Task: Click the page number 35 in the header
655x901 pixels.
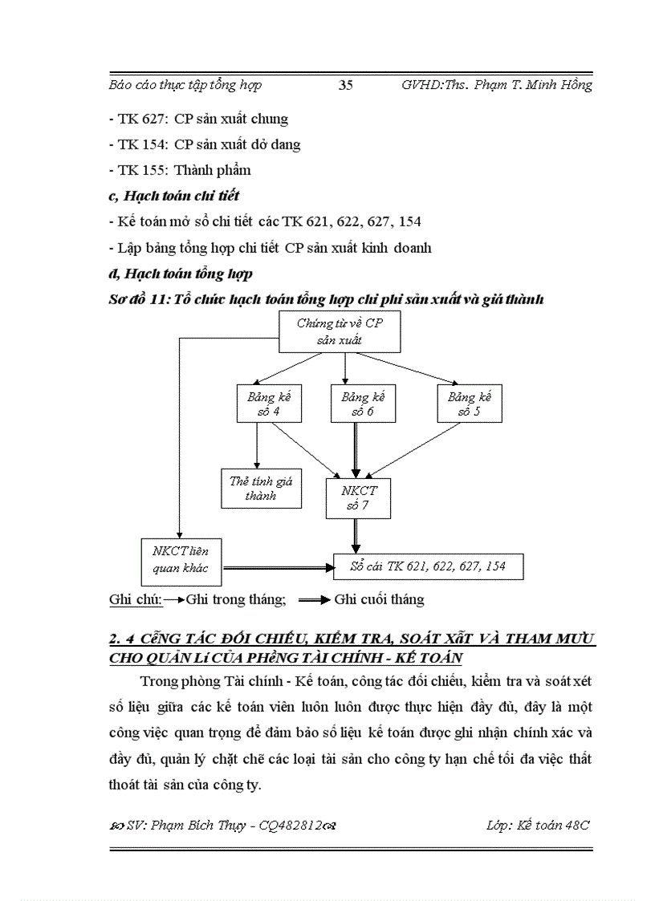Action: (x=346, y=85)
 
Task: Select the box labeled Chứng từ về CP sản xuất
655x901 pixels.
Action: (x=340, y=331)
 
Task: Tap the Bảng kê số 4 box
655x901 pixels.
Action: (x=257, y=404)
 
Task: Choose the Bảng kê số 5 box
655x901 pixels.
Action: (x=470, y=404)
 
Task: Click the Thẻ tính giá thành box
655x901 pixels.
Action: (x=262, y=488)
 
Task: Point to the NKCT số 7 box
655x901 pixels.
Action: (x=358, y=497)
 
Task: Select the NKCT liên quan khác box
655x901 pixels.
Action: (x=181, y=559)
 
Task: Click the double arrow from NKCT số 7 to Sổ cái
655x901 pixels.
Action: (x=355, y=535)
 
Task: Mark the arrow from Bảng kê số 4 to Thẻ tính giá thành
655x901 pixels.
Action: (x=257, y=445)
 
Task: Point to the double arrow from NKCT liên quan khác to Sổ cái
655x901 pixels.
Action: (x=277, y=567)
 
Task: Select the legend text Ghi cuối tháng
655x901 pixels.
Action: (x=379, y=599)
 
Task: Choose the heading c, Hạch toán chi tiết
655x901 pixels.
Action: (x=173, y=195)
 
